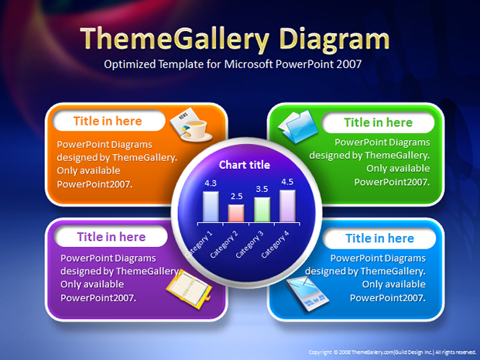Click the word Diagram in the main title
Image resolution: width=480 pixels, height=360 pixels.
[334, 39]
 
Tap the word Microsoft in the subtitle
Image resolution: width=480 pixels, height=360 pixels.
[249, 64]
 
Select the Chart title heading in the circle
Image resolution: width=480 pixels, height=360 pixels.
[245, 165]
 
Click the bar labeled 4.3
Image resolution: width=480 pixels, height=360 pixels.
[211, 207]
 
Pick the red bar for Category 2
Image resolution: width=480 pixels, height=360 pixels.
[236, 213]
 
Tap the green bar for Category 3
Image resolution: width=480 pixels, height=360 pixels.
[262, 209]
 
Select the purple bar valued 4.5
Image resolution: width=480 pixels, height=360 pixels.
[287, 206]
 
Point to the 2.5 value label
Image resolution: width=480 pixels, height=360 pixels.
[237, 196]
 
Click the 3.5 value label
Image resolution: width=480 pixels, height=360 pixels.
[262, 189]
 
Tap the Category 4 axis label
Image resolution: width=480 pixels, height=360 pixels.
[275, 245]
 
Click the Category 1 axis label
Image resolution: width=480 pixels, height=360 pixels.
[198, 245]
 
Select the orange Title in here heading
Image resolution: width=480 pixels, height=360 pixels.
[108, 121]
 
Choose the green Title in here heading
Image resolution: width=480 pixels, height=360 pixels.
[378, 122]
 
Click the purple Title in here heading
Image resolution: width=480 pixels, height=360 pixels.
[111, 237]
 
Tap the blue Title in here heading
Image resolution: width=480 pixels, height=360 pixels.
[379, 238]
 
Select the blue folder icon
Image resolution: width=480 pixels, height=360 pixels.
[298, 126]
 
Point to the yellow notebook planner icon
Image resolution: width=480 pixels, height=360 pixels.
[189, 289]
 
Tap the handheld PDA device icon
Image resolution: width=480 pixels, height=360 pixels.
[307, 293]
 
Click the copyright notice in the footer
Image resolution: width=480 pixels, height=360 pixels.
[393, 352]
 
